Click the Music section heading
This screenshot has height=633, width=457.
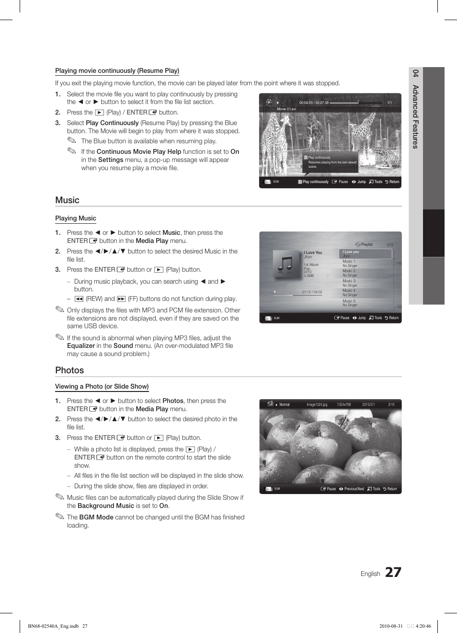[x=67, y=200]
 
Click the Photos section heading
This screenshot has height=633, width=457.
[x=69, y=370]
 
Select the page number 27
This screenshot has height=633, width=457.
[x=393, y=572]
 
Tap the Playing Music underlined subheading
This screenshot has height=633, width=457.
[x=76, y=219]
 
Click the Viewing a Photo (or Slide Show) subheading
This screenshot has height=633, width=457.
[x=102, y=387]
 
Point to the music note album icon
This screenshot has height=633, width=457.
[x=286, y=264]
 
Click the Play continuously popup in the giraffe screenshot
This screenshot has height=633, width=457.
[x=331, y=162]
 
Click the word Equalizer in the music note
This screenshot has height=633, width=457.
[x=81, y=346]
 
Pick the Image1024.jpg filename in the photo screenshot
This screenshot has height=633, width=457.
[x=317, y=404]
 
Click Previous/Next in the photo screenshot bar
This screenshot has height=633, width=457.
[x=354, y=489]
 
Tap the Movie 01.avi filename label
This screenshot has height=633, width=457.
[x=286, y=109]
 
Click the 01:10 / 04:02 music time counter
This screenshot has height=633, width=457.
[x=312, y=292]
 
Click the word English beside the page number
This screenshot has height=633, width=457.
[x=370, y=574]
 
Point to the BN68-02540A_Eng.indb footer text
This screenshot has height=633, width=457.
[x=53, y=626]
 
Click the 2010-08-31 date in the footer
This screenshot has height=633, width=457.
[x=391, y=626]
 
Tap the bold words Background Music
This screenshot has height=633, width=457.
[x=106, y=506]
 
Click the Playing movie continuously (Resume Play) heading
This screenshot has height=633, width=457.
[x=117, y=71]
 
